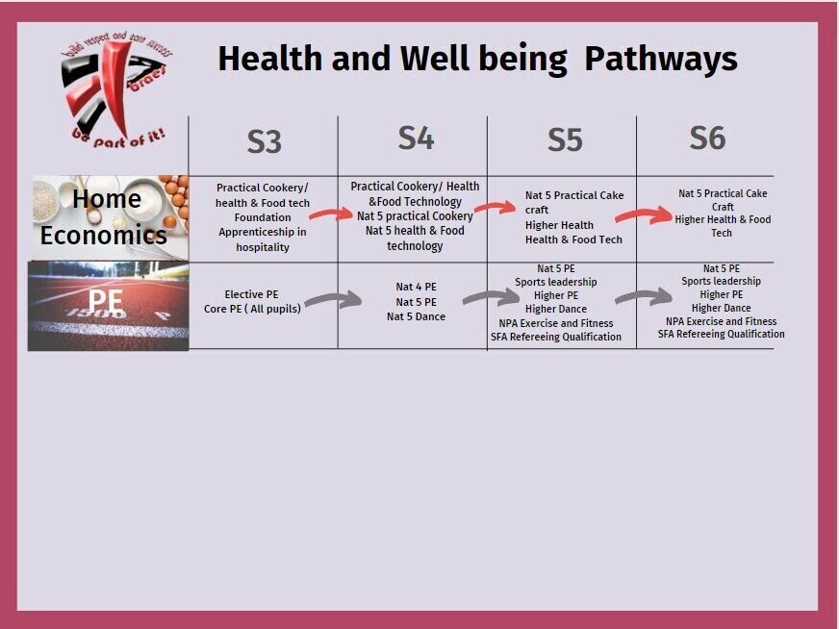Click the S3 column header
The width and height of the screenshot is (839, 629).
click(x=264, y=141)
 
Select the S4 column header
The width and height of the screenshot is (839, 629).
click(x=416, y=138)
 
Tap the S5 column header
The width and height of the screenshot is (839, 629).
click(x=565, y=140)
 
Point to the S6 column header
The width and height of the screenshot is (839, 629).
click(x=707, y=138)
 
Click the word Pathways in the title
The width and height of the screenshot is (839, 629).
click(x=660, y=59)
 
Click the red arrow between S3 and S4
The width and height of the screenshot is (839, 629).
click(x=332, y=214)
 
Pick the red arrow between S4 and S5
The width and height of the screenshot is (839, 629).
click(x=495, y=208)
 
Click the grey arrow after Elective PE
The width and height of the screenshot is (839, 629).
click(x=332, y=301)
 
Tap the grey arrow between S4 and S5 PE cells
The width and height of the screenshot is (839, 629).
click(x=490, y=298)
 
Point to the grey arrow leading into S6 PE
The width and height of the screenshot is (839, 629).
click(x=643, y=296)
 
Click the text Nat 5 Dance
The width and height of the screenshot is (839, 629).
click(x=416, y=316)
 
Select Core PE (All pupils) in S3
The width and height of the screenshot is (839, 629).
click(x=252, y=309)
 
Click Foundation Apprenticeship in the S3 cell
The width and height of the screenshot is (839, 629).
click(x=263, y=225)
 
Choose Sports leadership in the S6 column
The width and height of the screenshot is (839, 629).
click(x=721, y=281)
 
